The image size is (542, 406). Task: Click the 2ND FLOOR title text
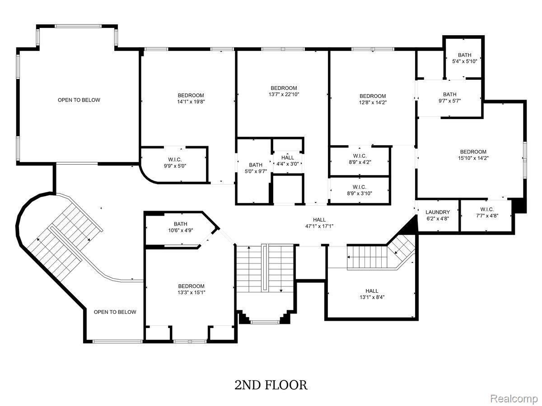coord(271,385)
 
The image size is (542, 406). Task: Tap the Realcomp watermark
coord(514,398)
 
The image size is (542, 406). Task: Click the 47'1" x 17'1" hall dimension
coord(319,226)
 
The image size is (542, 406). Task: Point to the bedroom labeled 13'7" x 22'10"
coord(284,91)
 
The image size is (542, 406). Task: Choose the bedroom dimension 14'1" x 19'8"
coord(191,101)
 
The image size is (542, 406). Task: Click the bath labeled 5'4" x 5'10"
coord(464,58)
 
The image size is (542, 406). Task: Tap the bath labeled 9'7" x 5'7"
coord(450,97)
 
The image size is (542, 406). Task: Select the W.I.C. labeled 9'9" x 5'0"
coord(175,163)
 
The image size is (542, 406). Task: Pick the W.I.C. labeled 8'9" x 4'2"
coord(360,159)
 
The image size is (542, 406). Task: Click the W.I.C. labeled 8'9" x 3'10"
coord(360,190)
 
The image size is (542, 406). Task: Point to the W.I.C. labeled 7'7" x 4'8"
coord(487,212)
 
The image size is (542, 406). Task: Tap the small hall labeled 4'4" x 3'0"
coord(288,161)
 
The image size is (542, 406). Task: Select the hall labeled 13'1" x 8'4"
coord(372,294)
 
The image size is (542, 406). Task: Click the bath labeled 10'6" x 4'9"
coord(180,227)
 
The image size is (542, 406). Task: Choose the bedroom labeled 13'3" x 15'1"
coord(192,289)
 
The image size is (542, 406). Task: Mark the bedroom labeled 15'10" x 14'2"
coord(473,155)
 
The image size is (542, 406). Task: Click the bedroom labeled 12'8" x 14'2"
coord(373,99)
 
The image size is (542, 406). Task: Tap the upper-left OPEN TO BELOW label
coord(79,100)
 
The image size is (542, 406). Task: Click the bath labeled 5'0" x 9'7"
coord(256,168)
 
